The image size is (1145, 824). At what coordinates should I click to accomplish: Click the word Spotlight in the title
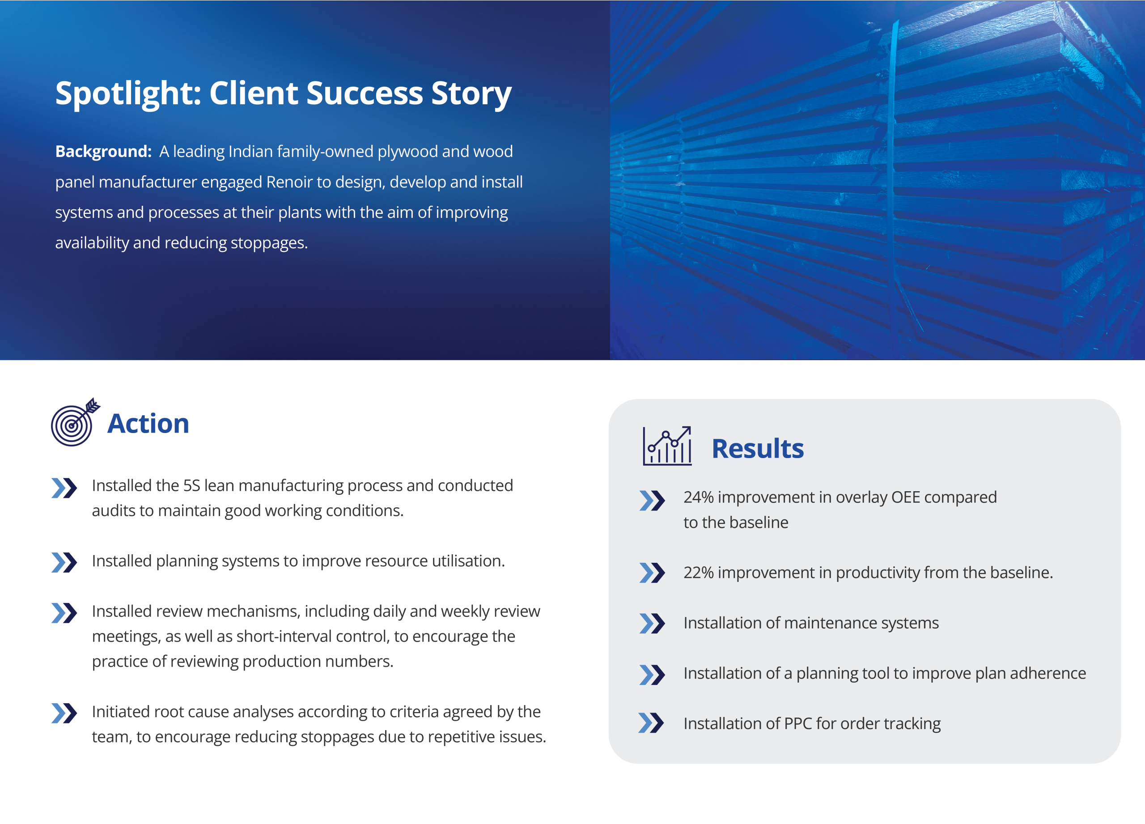[x=129, y=94]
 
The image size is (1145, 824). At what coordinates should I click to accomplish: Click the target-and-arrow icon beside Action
[x=75, y=422]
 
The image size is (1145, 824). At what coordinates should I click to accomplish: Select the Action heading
[x=148, y=423]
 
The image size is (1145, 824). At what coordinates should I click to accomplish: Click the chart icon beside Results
[x=667, y=446]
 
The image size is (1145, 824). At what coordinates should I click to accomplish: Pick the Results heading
[x=758, y=448]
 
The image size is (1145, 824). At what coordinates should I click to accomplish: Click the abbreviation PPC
[x=797, y=723]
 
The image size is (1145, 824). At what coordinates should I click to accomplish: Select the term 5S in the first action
[x=192, y=486]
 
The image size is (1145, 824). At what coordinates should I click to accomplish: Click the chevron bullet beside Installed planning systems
[x=64, y=562]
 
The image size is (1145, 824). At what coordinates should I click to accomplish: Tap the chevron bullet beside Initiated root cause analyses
[x=64, y=713]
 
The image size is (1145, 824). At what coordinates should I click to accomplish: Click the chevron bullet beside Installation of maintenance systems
[x=652, y=624]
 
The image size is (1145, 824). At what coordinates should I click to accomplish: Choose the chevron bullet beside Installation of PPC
[x=651, y=723]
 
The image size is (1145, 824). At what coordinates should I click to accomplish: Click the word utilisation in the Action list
[x=468, y=561]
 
